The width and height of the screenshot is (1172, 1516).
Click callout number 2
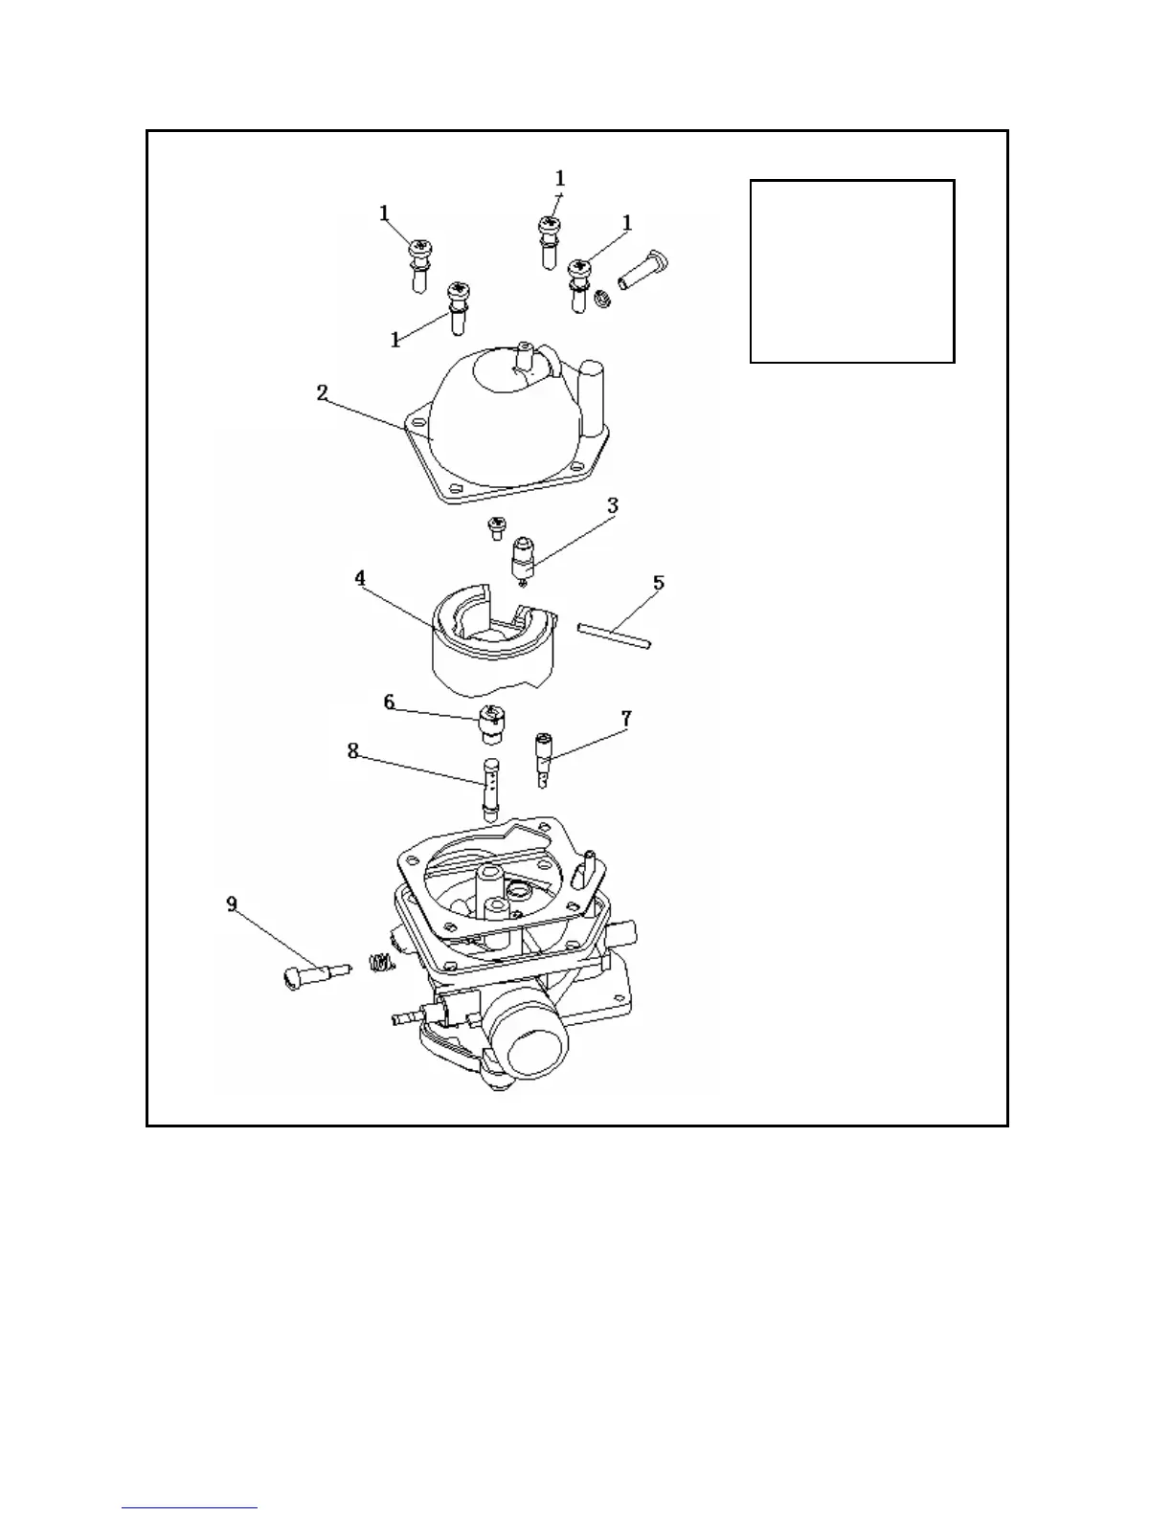pyautogui.click(x=323, y=392)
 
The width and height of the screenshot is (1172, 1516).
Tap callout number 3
pyautogui.click(x=613, y=505)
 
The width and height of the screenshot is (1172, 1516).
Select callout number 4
pyautogui.click(x=360, y=578)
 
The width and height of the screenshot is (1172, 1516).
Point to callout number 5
pyautogui.click(x=658, y=583)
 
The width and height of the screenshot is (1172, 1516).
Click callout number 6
pyautogui.click(x=389, y=702)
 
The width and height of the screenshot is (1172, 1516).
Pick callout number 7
pyautogui.click(x=625, y=717)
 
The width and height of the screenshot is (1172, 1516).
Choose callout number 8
pyautogui.click(x=352, y=751)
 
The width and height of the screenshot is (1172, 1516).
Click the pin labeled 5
pyautogui.click(x=615, y=637)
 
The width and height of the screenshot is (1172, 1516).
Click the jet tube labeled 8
pyautogui.click(x=491, y=787)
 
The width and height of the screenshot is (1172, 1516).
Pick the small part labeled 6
pyautogui.click(x=489, y=725)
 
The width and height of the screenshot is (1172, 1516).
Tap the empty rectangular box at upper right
pyautogui.click(x=851, y=271)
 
